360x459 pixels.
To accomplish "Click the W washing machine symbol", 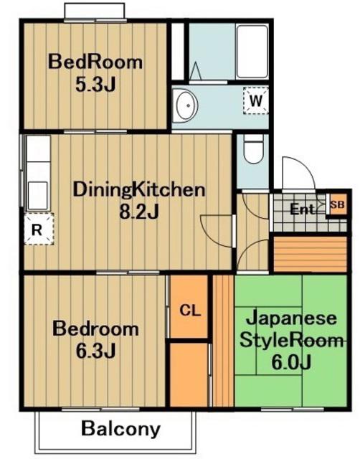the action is pos(256,100).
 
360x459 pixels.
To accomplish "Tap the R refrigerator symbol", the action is pos(39,229).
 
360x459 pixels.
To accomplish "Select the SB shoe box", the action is pos(337,204).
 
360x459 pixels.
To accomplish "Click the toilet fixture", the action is pos(253,149).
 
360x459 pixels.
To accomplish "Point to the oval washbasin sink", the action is pos(186,105).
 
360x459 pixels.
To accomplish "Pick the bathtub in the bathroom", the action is pos(252,52).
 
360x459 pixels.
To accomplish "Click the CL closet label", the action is pos(189,311).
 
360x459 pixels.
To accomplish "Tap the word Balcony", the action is pos(120,429).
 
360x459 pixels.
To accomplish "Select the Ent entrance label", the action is pos(303,209).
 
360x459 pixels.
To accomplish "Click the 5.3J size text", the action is pos(95,85).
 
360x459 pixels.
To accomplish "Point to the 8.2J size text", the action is pos(139,212).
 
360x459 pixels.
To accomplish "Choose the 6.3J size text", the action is pos(95,351).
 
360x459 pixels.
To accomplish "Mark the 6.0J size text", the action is pos(290,362).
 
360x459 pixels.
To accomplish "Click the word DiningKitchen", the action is pos(138,189).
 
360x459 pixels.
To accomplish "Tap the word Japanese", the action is pos(291,318).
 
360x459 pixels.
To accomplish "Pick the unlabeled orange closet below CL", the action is pos(189,375).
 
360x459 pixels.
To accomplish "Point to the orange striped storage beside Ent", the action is pos(310,254).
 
